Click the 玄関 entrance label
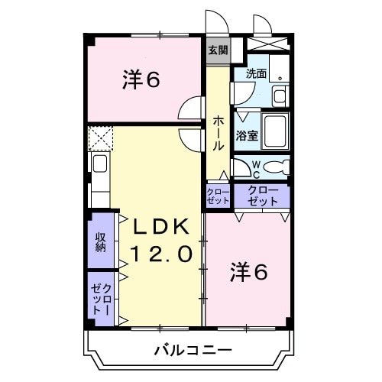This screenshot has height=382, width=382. (218, 50)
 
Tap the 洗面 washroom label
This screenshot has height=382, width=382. (257, 75)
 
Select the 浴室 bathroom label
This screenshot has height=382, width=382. (247, 136)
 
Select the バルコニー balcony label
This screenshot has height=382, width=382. (189, 351)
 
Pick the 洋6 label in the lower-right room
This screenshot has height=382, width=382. (248, 272)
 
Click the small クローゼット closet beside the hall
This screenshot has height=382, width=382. (218, 196)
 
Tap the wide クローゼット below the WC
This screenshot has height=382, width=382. (262, 196)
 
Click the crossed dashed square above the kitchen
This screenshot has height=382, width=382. (100, 139)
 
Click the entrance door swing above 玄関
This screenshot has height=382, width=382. (216, 21)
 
